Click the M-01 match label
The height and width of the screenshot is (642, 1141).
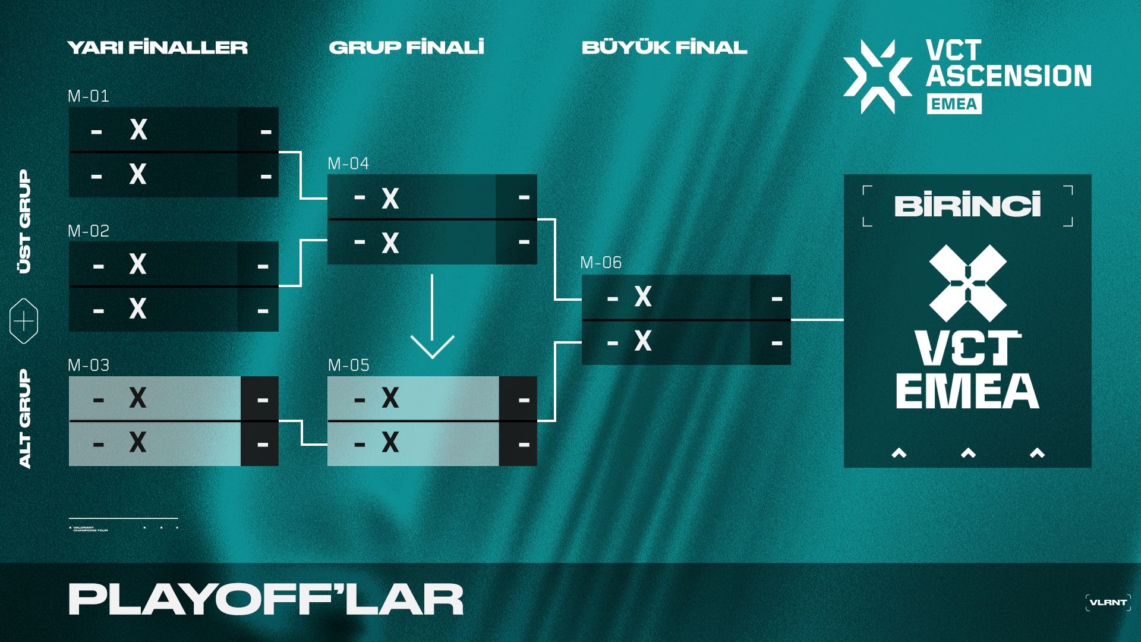(89, 96)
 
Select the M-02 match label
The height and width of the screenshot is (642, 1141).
(89, 231)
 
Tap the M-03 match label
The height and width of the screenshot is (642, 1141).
(89, 365)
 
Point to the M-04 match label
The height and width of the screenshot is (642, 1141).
(348, 163)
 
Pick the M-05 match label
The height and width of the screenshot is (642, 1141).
(348, 365)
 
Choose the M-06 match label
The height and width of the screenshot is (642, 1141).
(601, 262)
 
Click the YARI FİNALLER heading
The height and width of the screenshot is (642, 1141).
(157, 48)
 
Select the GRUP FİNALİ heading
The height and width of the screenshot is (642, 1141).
(406, 48)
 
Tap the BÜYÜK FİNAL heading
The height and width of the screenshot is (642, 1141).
(664, 48)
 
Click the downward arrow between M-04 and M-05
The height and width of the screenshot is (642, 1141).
(432, 321)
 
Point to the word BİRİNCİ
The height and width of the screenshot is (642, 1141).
(967, 206)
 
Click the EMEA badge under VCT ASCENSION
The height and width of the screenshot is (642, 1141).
(954, 104)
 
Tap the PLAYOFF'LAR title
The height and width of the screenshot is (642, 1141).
(266, 599)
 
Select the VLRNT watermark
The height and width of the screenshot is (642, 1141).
(1108, 602)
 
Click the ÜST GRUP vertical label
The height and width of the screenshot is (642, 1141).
(24, 221)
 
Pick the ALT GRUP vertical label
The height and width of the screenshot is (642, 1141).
(24, 418)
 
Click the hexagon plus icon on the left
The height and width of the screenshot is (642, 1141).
(24, 322)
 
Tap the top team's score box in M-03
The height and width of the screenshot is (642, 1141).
(260, 399)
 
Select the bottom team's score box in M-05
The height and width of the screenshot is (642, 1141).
(518, 443)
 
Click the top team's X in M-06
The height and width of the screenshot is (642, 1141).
(643, 296)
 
